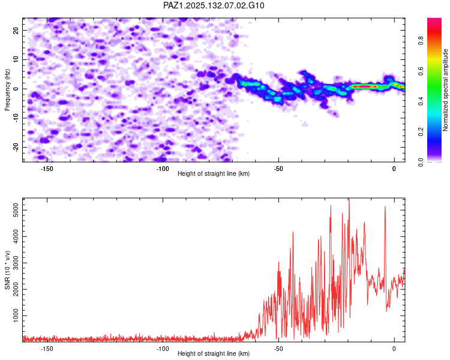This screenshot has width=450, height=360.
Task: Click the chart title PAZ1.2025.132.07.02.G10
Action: [214, 5]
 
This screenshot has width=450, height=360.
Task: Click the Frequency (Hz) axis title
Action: [7, 89]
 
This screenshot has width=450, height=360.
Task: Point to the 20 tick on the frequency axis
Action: [16, 30]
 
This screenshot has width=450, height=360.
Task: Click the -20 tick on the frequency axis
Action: [15, 147]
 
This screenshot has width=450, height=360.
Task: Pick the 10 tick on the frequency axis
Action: [16, 59]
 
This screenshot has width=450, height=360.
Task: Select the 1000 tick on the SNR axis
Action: [13, 316]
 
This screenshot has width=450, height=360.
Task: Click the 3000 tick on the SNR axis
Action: [13, 263]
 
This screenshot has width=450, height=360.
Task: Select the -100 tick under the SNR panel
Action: [162, 349]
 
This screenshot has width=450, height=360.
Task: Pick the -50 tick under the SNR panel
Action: [278, 349]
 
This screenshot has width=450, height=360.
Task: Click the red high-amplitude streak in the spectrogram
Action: [364, 86]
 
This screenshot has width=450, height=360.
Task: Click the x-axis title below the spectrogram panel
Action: [214, 173]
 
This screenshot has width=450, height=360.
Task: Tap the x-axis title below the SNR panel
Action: [214, 353]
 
